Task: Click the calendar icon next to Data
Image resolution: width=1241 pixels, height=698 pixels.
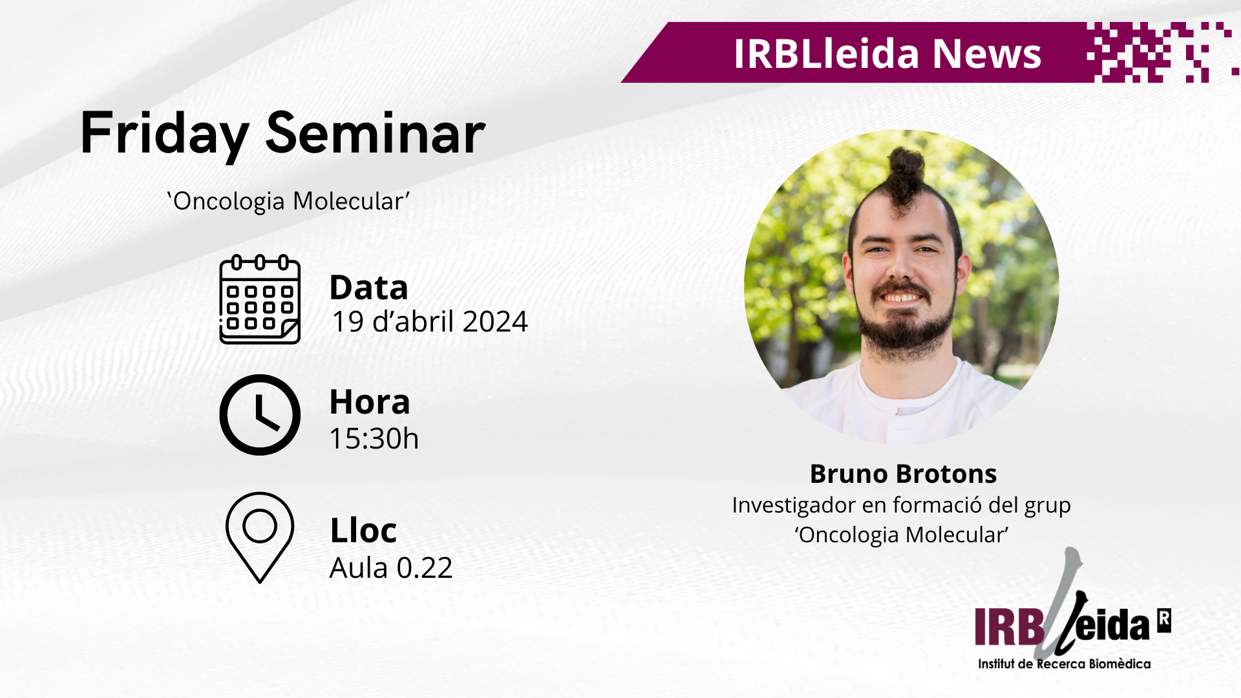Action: point(260,299)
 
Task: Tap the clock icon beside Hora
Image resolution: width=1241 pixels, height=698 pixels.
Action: point(260,415)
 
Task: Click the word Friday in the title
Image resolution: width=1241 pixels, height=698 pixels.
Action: point(165,134)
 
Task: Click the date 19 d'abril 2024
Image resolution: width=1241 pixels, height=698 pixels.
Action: point(430,322)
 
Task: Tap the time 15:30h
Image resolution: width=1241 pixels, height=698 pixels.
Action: point(374,439)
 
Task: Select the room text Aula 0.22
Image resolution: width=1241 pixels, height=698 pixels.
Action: point(391,568)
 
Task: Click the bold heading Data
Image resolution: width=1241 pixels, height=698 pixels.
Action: point(368,288)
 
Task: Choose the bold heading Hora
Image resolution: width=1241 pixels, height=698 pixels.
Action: point(370,402)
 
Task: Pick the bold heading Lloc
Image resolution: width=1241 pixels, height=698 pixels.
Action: point(363,531)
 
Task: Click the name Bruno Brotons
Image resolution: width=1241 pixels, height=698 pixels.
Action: point(903,474)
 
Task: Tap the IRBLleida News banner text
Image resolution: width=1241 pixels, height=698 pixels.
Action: point(887,53)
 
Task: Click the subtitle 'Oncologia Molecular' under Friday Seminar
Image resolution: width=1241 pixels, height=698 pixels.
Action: point(288,201)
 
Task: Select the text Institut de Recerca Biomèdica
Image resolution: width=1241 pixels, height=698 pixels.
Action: point(1064,664)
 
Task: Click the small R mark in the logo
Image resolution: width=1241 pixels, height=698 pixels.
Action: point(1164,620)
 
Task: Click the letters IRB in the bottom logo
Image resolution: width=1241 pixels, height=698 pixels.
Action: point(1009,626)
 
